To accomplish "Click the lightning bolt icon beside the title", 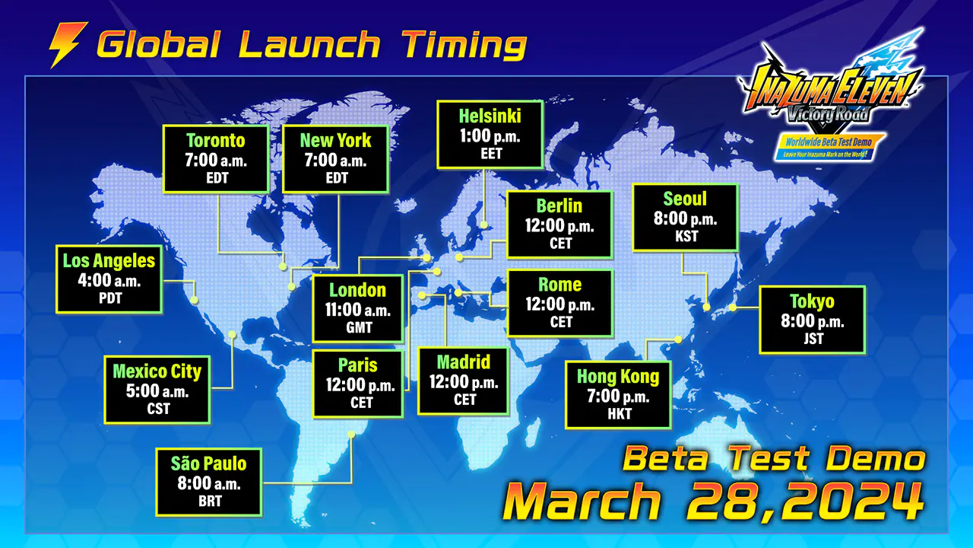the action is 68,44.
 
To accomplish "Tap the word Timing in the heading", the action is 464,44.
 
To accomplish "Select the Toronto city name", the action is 216,141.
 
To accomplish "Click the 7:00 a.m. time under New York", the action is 335,161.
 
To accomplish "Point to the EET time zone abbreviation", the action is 491,154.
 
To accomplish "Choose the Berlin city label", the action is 559,205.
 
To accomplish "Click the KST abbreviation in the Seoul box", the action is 686,236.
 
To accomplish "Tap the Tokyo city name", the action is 813,301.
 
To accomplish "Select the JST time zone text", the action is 813,339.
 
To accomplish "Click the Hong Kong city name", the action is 618,377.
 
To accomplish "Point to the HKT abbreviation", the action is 620,413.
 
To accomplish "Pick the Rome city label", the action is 560,285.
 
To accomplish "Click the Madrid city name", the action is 464,362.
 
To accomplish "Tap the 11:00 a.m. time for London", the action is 358,310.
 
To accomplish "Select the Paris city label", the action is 358,365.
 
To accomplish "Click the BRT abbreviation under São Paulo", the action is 211,501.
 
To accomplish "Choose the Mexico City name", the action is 157,371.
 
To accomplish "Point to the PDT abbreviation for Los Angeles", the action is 110,298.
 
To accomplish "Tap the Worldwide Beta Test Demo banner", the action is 829,147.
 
